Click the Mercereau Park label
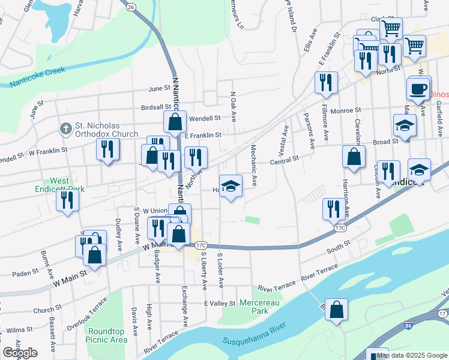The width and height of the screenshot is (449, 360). point(260,307)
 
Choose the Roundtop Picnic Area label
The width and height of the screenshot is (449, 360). point(107,335)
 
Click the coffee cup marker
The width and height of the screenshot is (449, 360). point(418,89)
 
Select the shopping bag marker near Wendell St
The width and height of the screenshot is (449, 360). point(175,122)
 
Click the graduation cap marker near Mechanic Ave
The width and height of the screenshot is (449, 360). point(231,187)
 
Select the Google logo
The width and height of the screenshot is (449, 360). point(20,353)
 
